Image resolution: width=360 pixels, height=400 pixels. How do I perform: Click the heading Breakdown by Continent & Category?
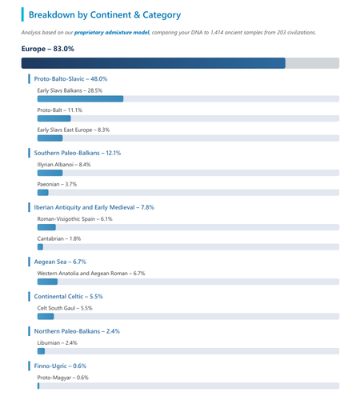click(x=105, y=15)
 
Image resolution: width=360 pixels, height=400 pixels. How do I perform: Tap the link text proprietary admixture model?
click(x=112, y=33)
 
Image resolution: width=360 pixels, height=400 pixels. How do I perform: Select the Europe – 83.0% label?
click(x=48, y=49)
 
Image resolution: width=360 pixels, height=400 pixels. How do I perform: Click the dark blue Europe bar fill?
click(x=154, y=63)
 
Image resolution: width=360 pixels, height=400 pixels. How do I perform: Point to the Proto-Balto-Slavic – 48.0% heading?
click(x=70, y=79)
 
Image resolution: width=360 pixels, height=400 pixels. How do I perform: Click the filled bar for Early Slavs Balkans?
click(x=80, y=98)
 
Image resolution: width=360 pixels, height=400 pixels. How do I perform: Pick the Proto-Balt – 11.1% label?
click(x=60, y=110)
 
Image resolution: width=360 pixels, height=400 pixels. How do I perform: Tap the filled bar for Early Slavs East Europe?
click(x=50, y=138)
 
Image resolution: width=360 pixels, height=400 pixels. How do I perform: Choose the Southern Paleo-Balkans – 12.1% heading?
click(x=78, y=153)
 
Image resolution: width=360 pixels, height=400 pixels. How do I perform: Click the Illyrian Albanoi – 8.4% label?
click(x=64, y=165)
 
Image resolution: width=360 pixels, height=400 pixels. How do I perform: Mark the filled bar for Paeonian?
click(x=43, y=193)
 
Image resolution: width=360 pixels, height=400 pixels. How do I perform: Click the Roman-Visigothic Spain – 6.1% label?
click(x=75, y=219)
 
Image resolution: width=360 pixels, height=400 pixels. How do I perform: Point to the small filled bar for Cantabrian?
click(x=40, y=247)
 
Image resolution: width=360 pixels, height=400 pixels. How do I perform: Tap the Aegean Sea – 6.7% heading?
click(x=60, y=262)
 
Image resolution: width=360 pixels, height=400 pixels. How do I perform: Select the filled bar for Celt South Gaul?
click(x=46, y=316)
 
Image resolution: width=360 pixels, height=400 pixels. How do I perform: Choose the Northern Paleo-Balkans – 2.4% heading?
click(x=77, y=331)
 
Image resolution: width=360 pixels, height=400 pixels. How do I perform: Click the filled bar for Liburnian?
click(x=41, y=351)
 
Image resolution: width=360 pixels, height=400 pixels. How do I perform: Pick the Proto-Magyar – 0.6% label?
click(x=63, y=378)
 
